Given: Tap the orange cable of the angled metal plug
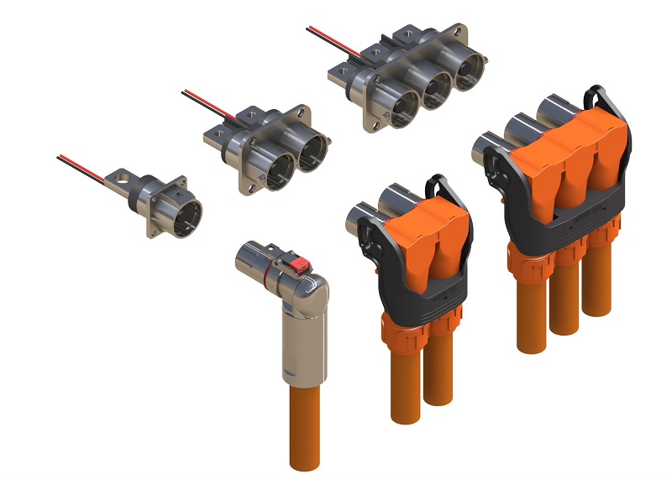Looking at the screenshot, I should coord(304,428).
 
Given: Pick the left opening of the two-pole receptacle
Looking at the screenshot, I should coord(278,170).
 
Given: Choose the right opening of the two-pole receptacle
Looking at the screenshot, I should coord(312,154).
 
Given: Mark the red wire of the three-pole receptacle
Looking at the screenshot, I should coord(332,36).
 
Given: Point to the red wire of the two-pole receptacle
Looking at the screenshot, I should coord(206,99).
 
